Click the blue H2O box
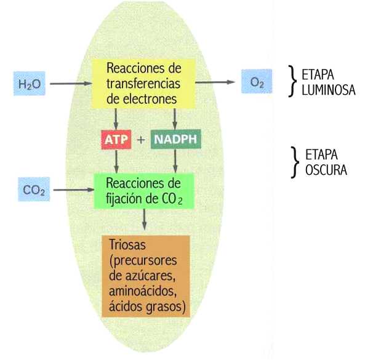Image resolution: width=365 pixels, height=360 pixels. click(x=30, y=84)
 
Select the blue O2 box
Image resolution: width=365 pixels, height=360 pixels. click(x=257, y=81)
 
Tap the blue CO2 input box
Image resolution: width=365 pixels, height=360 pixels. click(x=34, y=189)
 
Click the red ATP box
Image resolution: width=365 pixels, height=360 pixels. click(x=116, y=140)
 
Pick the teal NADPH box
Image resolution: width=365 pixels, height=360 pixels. click(x=176, y=139)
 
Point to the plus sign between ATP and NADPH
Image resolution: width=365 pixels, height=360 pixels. click(x=141, y=140)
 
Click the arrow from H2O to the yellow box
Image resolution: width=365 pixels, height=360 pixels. click(x=71, y=84)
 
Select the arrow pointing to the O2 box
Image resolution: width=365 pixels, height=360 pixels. click(x=215, y=82)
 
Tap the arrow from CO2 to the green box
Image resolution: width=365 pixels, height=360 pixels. click(x=74, y=190)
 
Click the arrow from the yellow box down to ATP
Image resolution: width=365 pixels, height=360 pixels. click(x=116, y=119)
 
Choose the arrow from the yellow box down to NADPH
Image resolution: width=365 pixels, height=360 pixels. click(x=175, y=119)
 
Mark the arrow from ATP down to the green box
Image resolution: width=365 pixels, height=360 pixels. click(x=116, y=161)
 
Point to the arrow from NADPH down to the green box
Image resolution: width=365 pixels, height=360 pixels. click(x=175, y=161)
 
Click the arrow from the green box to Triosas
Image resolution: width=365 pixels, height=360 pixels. click(x=144, y=220)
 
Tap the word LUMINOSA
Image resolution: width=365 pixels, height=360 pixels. click(x=329, y=90)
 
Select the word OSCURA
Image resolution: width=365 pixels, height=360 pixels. click(x=326, y=170)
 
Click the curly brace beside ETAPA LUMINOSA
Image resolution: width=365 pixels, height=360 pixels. click(x=292, y=81)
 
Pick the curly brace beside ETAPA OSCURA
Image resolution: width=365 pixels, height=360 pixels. click(x=295, y=162)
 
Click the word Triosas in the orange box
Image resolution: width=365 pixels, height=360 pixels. click(x=127, y=244)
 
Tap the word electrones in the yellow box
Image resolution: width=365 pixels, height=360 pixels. click(x=150, y=99)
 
